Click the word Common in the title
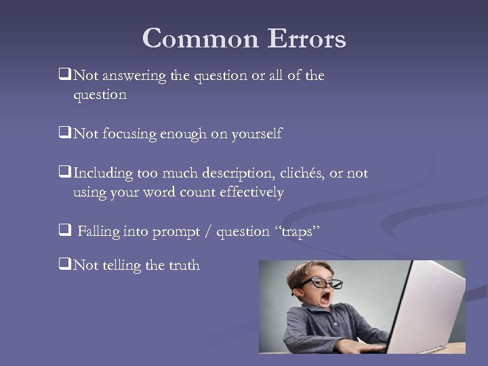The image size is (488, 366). [201, 39]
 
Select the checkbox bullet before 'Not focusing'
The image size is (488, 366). [66, 134]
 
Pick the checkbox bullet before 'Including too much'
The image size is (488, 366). [66, 174]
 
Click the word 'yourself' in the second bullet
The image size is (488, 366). [257, 134]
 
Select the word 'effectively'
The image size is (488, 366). [249, 193]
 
